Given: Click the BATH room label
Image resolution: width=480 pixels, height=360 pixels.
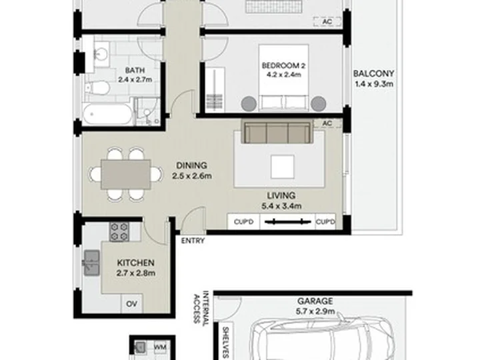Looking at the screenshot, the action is click(135, 70).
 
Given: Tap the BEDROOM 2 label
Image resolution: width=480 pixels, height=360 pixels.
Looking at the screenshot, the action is click(283, 65).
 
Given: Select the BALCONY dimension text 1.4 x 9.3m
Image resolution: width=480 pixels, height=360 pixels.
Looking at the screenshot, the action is click(374, 83).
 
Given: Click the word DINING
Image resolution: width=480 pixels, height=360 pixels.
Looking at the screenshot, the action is click(191, 165).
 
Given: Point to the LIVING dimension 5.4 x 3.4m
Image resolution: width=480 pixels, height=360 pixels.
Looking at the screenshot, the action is click(281, 206).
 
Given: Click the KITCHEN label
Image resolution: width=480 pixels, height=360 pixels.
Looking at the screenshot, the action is click(135, 263).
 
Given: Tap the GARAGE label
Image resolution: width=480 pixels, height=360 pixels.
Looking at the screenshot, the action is click(315, 301).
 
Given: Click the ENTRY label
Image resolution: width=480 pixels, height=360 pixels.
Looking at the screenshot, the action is click(193, 241).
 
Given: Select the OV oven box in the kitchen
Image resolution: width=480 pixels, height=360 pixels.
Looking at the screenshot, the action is click(132, 304).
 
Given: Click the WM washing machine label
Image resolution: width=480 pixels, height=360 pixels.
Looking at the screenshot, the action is click(160, 347).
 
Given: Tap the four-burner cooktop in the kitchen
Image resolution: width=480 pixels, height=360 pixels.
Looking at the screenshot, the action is click(119, 231).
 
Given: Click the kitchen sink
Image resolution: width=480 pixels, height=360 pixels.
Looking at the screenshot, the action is click(91, 263).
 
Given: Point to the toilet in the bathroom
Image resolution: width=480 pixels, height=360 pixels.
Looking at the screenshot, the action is click(97, 88).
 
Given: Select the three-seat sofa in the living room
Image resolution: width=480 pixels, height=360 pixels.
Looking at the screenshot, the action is click(277, 132).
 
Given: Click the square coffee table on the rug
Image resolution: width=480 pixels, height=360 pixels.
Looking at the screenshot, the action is click(282, 167).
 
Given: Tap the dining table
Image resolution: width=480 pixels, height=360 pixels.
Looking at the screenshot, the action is click(126, 175).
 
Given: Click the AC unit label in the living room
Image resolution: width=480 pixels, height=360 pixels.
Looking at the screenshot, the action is click(327, 123).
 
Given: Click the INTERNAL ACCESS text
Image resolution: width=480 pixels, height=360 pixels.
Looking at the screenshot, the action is click(201, 307).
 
